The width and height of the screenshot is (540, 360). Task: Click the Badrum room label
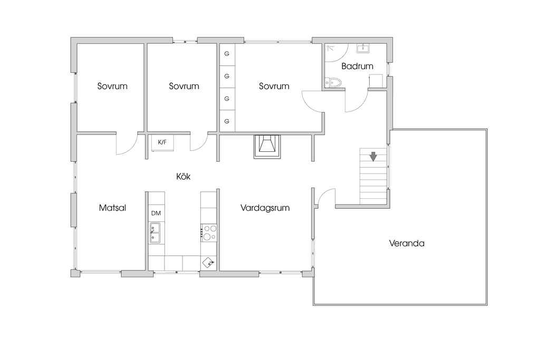(357, 66)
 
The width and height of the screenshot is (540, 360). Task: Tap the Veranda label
(407, 244)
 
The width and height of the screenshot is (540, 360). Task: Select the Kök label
(183, 177)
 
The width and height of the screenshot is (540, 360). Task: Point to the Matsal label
(112, 208)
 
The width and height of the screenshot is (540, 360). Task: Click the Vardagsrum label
(265, 208)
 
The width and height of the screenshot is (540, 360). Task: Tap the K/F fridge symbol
(162, 143)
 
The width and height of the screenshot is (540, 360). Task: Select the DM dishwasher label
(156, 213)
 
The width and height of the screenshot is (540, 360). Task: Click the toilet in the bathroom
(333, 83)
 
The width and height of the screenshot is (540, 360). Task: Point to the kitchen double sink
(155, 233)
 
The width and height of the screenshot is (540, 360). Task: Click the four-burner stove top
(209, 232)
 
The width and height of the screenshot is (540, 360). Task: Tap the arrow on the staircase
(373, 157)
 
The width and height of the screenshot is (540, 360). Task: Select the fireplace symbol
(267, 147)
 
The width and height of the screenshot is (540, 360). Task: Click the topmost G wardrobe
(227, 54)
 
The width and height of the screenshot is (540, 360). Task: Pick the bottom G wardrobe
(227, 121)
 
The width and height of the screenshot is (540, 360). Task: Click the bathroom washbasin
(363, 48)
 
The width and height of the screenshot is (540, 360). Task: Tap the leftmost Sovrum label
(112, 86)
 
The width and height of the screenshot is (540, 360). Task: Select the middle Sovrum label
(184, 86)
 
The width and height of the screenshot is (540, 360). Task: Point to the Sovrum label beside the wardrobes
(274, 86)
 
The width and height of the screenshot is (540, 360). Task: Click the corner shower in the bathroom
(336, 52)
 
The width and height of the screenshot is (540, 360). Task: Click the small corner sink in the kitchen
(208, 262)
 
